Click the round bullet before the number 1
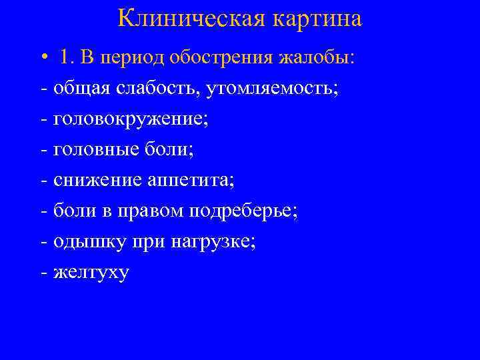42,58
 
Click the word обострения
219,58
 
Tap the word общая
75,89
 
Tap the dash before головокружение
44,119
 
